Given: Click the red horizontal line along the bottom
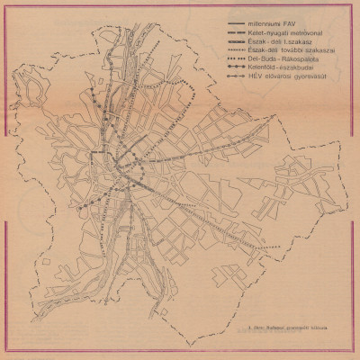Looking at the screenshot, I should [180, 354].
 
